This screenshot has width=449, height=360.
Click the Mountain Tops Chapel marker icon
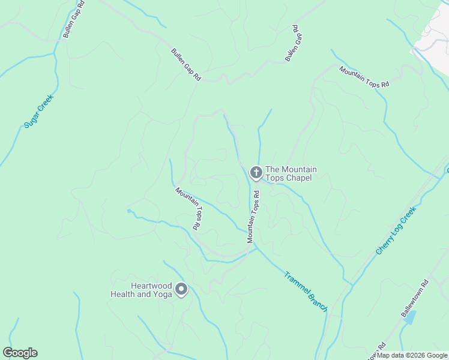[256, 173]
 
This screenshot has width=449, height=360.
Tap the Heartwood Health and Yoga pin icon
[181, 290]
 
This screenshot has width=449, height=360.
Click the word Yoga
[162, 294]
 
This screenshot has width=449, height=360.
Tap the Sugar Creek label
[38, 111]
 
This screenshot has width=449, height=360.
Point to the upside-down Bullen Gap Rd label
[292, 44]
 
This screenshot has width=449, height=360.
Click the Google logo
[20, 353]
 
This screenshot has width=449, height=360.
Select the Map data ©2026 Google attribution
[411, 355]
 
